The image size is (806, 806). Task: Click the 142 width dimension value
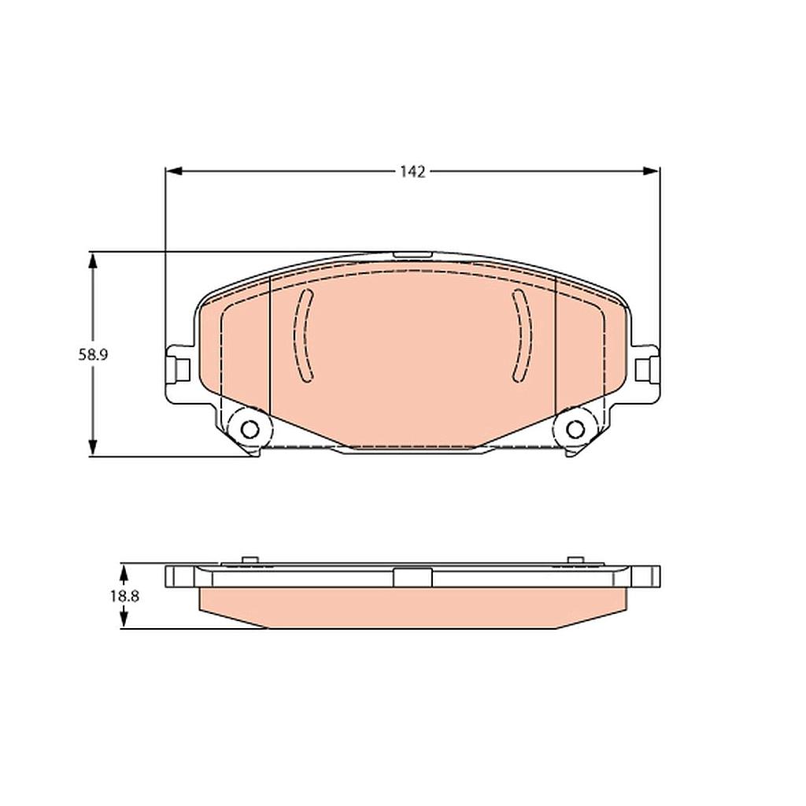pyautogui.click(x=412, y=172)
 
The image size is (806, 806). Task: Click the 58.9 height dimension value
pyautogui.click(x=92, y=354)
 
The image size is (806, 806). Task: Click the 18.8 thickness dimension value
pyautogui.click(x=124, y=596)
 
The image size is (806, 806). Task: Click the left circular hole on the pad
pyautogui.click(x=250, y=429)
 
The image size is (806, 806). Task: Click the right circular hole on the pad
pyautogui.click(x=575, y=429)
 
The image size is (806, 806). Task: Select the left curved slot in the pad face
pyautogui.click(x=304, y=336)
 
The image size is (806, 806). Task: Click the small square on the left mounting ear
pyautogui.click(x=182, y=368)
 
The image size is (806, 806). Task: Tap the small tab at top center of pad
pyautogui.click(x=412, y=254)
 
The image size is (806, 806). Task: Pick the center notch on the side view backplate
pyautogui.click(x=412, y=578)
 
